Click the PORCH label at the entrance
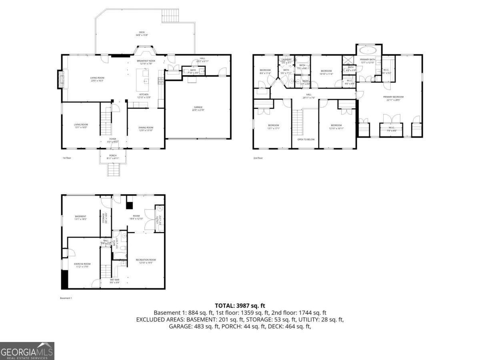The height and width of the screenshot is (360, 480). [113, 157]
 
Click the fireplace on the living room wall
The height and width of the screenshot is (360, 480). [61, 79]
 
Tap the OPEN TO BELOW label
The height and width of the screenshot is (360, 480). [306, 140]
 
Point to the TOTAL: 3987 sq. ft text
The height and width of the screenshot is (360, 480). [240, 306]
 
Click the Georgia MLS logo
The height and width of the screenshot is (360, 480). [27, 351]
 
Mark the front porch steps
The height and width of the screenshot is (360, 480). [113, 170]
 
